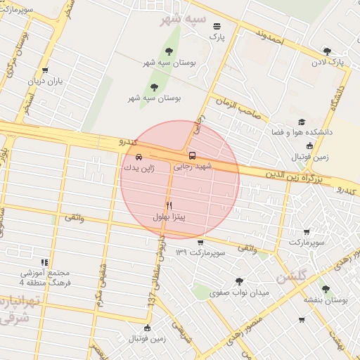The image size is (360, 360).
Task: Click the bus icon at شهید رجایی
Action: click(192, 155)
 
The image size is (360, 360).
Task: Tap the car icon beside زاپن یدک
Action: click(138, 157)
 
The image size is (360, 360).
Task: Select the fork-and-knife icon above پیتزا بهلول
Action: click(169, 205)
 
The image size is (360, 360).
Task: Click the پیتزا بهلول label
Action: click(169, 217)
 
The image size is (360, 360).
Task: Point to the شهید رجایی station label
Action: click(192, 167)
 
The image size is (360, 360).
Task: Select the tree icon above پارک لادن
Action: click(327, 51)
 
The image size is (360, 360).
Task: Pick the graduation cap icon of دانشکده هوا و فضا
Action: click(302, 122)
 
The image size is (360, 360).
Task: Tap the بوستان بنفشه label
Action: click(326, 300)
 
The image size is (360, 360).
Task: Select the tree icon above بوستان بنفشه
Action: click(325, 288)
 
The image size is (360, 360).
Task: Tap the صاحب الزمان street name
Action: click(238, 108)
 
